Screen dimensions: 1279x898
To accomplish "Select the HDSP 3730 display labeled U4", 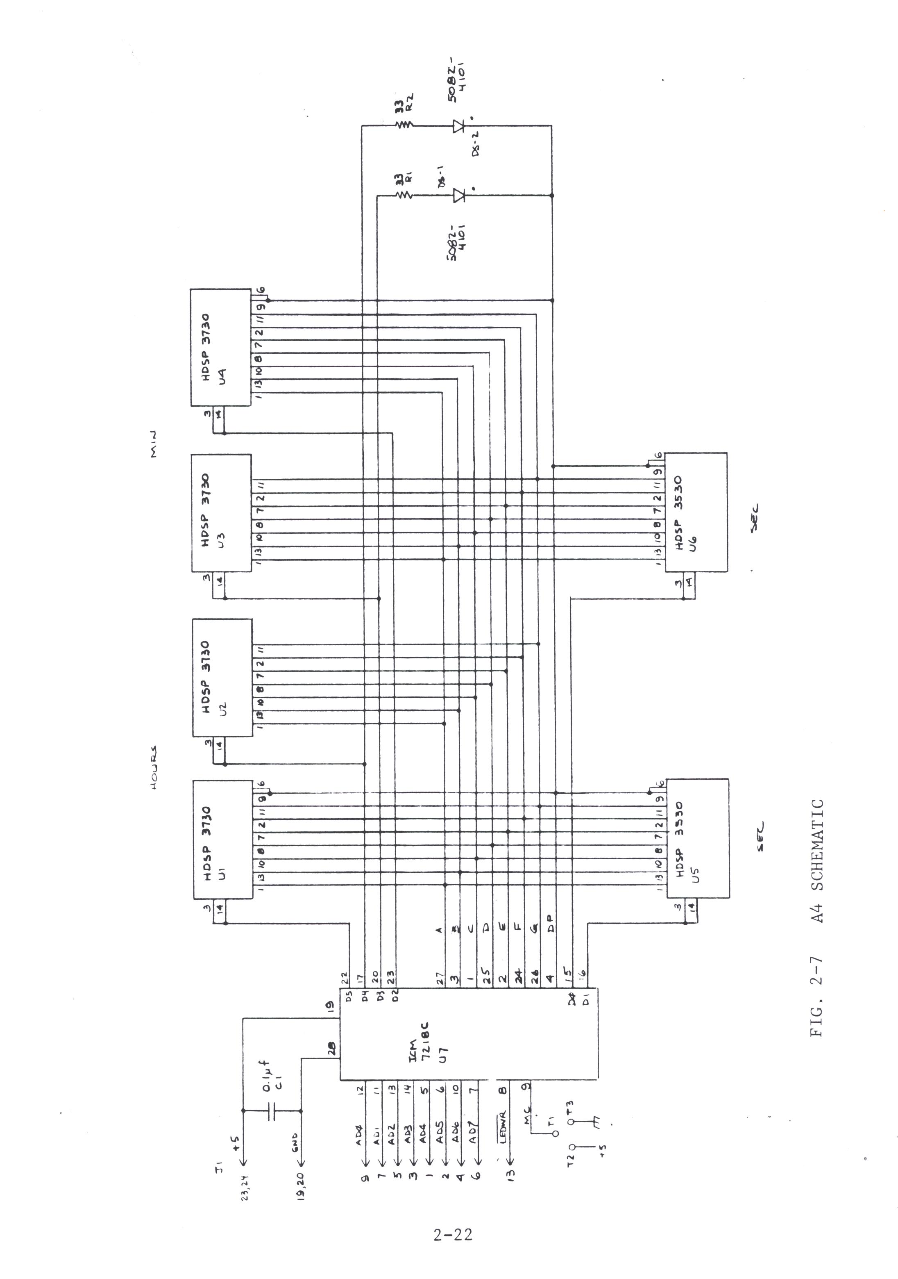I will coord(220,348).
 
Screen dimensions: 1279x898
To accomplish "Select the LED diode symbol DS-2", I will coord(459,126).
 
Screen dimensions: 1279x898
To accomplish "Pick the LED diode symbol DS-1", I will coord(459,195).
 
